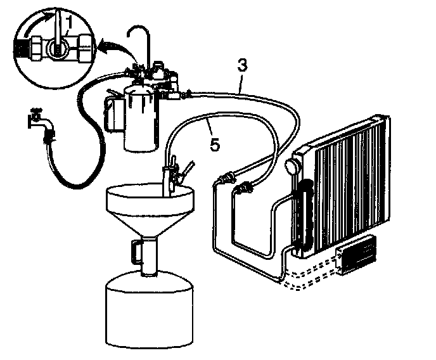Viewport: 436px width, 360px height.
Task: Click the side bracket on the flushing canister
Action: (113, 114)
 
